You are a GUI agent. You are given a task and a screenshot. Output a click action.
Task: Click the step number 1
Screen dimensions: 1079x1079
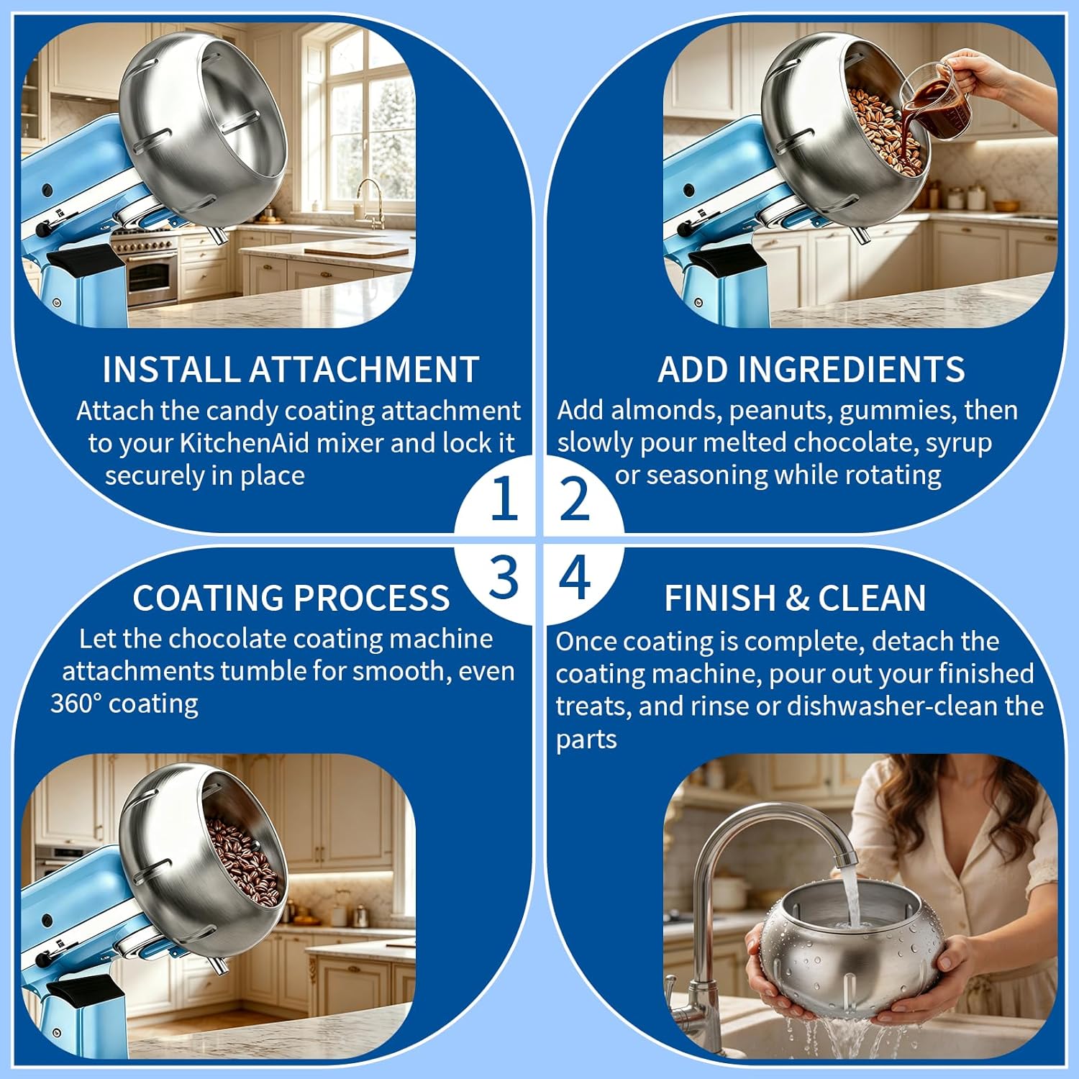504,498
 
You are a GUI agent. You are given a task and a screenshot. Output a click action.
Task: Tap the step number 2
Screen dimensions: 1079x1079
574,498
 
